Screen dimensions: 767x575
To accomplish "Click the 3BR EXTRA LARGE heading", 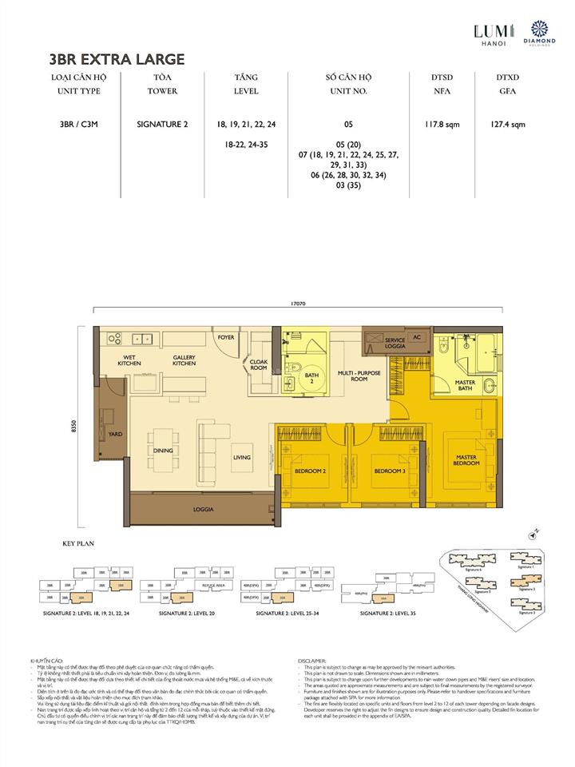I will (117, 58).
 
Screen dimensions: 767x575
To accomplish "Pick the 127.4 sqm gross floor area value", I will (508, 125).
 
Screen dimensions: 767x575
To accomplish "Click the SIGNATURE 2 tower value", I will (162, 125).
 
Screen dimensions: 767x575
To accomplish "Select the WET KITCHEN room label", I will (130, 360).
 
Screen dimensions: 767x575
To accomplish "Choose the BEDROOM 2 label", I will (310, 471).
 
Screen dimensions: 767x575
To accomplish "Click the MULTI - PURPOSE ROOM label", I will (358, 376).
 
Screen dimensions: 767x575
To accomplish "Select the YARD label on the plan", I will (115, 435).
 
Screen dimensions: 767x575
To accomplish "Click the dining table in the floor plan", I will (163, 451).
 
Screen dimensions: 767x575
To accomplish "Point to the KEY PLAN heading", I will (78, 543).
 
